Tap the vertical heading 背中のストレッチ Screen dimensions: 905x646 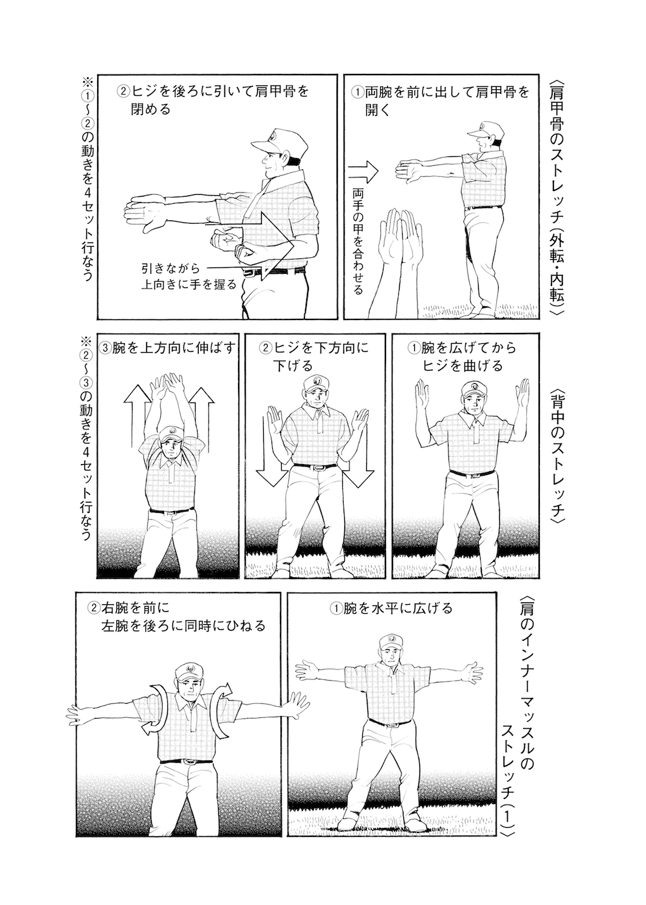(557, 457)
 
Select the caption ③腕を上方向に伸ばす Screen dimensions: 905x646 (167, 348)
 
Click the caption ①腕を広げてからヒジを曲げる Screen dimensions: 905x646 (462, 357)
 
